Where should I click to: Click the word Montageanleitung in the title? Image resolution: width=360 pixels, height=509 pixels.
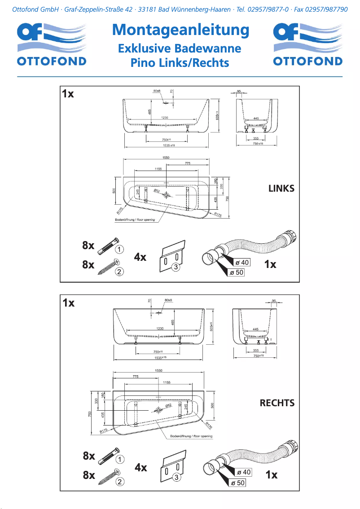point(180,30)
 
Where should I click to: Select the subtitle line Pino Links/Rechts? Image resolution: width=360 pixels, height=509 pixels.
point(180,63)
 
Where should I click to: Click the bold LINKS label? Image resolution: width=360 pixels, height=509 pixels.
point(281,189)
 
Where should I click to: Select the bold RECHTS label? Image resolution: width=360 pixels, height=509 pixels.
point(277,403)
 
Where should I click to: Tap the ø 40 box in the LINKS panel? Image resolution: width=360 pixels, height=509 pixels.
point(242,262)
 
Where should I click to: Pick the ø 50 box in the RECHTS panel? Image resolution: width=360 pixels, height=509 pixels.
point(237,483)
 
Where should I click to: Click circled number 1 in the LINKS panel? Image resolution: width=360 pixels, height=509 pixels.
point(119,249)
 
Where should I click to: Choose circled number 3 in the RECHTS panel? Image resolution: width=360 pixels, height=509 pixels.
point(177,478)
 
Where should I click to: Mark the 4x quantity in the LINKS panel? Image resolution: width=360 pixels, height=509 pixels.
point(140,257)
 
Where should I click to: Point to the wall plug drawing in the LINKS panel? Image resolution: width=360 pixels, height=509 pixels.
point(107,245)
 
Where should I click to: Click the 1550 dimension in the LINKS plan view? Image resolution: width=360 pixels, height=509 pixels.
point(166,157)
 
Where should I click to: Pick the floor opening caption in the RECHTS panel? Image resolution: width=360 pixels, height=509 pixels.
point(191,436)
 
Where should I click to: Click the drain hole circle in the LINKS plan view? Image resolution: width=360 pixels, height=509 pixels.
point(167,195)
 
